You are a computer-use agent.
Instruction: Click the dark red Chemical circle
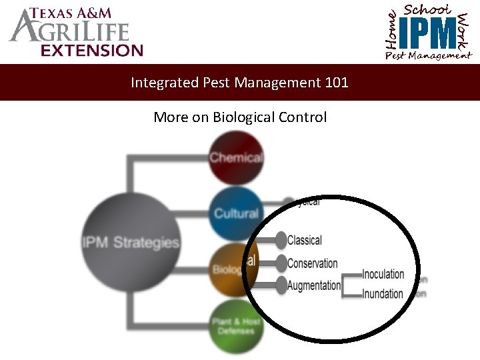point(235,158)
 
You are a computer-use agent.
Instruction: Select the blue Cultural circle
point(235,213)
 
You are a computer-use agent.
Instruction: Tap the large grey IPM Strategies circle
point(131,242)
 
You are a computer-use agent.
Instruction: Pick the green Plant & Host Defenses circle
point(235,327)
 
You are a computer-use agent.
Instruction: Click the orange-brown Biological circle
point(230,269)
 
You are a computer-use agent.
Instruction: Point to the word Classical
point(305,240)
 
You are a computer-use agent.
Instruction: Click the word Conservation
point(313,263)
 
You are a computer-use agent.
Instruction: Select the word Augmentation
point(314,285)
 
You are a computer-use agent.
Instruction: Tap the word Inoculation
point(383,274)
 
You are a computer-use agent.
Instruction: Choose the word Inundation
point(383,294)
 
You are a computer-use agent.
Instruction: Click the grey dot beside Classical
point(281,240)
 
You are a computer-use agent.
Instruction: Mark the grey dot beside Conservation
point(281,263)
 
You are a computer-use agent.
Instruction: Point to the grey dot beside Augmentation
point(281,285)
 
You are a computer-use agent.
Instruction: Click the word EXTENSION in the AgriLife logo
point(91,50)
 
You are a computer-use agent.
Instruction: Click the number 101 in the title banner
point(337,83)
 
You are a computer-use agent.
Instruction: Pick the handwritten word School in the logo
point(427,9)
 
